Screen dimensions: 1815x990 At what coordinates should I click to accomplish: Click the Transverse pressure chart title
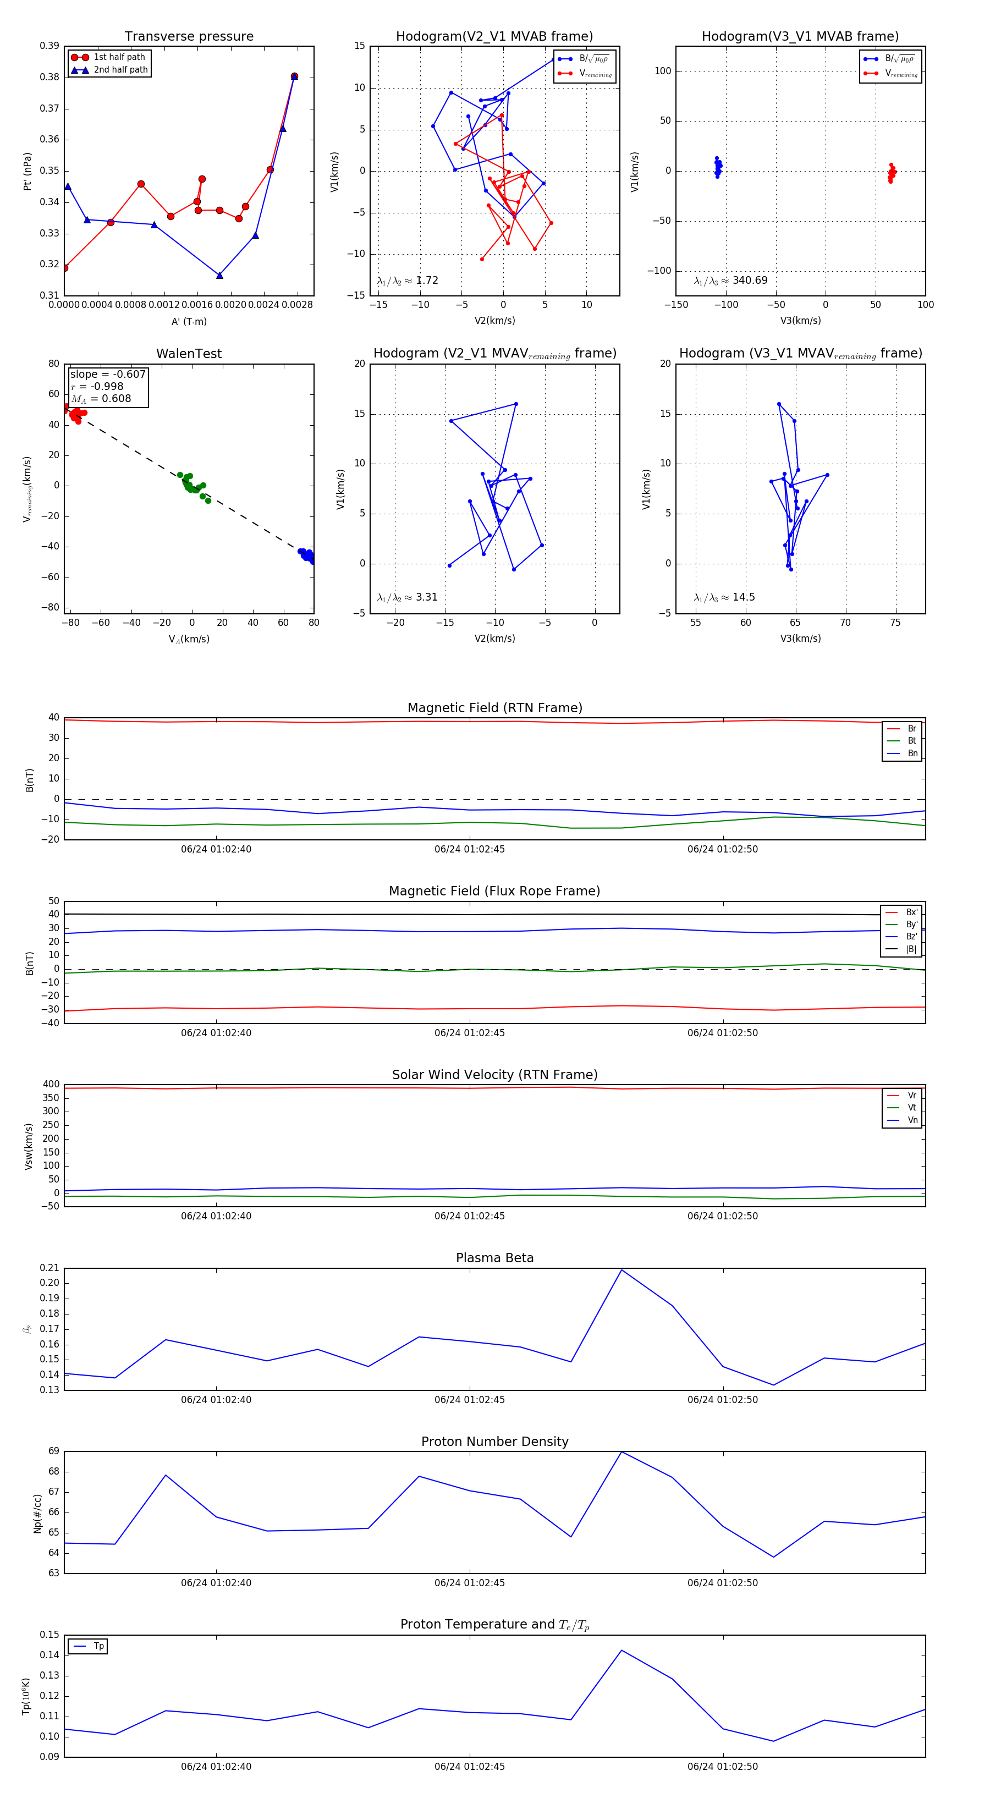point(189,37)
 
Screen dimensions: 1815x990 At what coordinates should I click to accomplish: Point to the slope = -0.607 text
point(108,374)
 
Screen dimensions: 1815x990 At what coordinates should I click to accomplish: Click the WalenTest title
point(189,354)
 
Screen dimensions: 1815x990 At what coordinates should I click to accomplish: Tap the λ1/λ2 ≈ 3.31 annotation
point(407,597)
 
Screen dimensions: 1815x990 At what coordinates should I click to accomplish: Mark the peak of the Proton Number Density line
point(621,1452)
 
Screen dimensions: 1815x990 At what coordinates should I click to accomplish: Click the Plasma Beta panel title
point(494,1258)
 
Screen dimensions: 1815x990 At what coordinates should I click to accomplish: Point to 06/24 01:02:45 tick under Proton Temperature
point(469,1767)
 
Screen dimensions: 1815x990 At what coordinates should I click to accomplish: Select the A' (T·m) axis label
point(189,322)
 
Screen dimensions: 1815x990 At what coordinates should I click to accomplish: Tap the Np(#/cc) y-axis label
point(37,1514)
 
